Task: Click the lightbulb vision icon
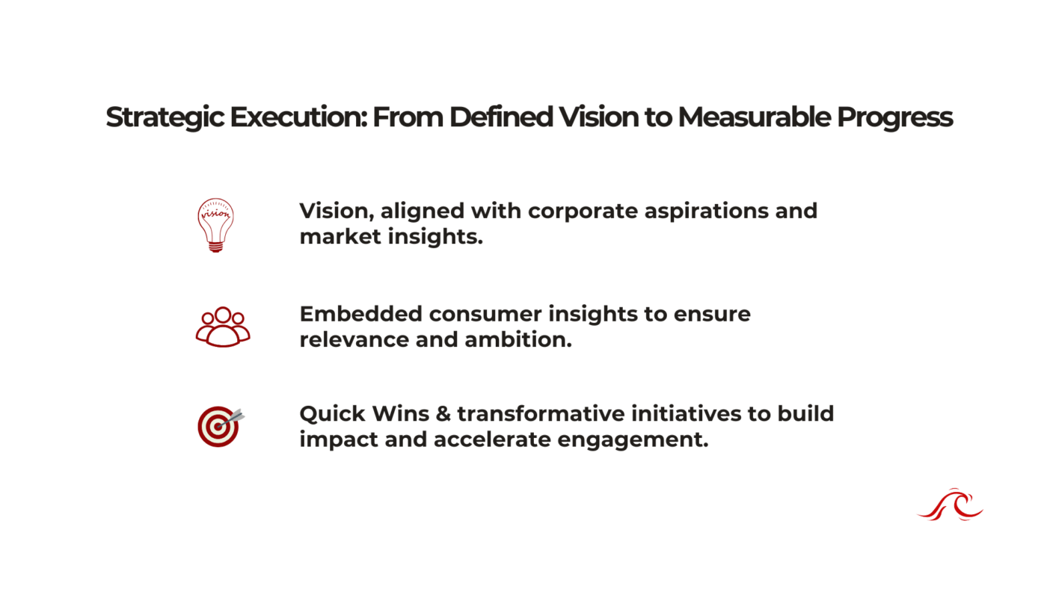pos(215,225)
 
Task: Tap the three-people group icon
pos(223,327)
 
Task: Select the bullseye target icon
pos(221,427)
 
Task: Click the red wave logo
pos(951,505)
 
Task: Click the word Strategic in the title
pos(165,117)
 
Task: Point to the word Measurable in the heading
pos(755,117)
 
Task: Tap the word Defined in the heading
pos(501,117)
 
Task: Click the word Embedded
pos(360,314)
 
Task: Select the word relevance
pos(354,339)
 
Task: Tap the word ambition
pos(518,339)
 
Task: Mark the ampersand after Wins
pos(443,414)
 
